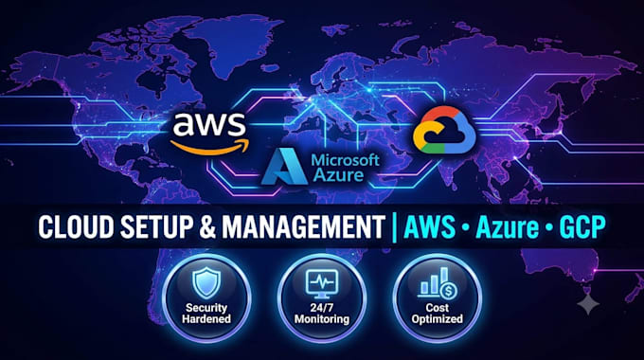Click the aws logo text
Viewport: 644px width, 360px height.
coord(209,124)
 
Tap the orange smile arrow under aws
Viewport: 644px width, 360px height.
coord(209,148)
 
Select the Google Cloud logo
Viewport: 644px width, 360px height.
coord(444,130)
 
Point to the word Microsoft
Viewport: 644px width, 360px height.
coord(345,160)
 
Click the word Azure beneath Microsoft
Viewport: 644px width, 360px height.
coord(338,175)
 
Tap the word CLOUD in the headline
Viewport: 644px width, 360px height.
coord(76,226)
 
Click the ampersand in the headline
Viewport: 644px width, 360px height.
coord(207,226)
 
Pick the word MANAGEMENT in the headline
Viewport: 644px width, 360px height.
coord(303,226)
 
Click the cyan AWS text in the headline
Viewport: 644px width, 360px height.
coord(430,226)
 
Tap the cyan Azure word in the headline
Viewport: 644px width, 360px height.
coord(507,226)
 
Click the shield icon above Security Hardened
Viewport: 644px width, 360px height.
coord(206,283)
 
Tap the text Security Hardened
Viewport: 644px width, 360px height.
coord(206,314)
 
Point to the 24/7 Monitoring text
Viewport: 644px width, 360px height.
coord(322,314)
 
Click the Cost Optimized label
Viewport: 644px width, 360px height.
coord(437,314)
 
